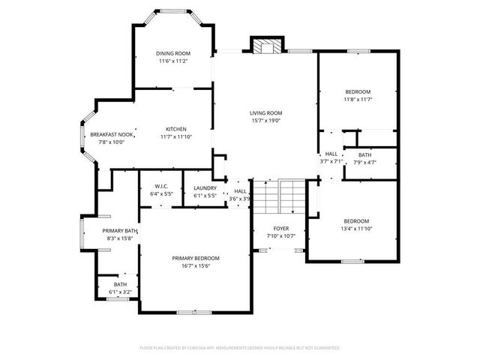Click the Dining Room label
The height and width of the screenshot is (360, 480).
tap(173, 53)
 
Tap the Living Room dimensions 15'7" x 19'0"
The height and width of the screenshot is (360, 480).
tap(265, 121)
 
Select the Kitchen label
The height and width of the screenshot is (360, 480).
tap(176, 128)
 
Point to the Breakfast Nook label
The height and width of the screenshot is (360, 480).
tap(112, 134)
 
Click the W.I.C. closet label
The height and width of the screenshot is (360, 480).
tap(160, 187)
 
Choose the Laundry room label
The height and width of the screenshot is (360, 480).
tap(205, 188)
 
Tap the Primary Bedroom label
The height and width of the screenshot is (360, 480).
tap(196, 258)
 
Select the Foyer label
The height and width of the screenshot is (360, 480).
tap(281, 228)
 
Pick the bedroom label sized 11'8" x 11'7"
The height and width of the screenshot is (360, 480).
tap(358, 91)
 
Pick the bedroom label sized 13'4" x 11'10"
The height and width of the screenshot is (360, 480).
tap(356, 220)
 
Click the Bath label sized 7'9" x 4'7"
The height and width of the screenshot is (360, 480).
tap(364, 154)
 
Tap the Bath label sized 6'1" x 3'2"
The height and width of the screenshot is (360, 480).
tap(120, 284)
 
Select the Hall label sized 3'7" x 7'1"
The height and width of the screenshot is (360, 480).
tap(331, 153)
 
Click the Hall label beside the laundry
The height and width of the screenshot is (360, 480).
tap(240, 191)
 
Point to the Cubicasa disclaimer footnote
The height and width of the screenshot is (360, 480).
tap(240, 348)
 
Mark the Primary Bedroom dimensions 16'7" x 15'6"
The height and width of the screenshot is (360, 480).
tap(196, 265)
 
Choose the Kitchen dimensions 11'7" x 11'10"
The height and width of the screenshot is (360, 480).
tap(176, 136)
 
